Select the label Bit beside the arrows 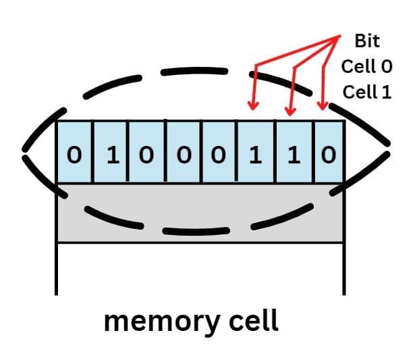(x=367, y=41)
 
